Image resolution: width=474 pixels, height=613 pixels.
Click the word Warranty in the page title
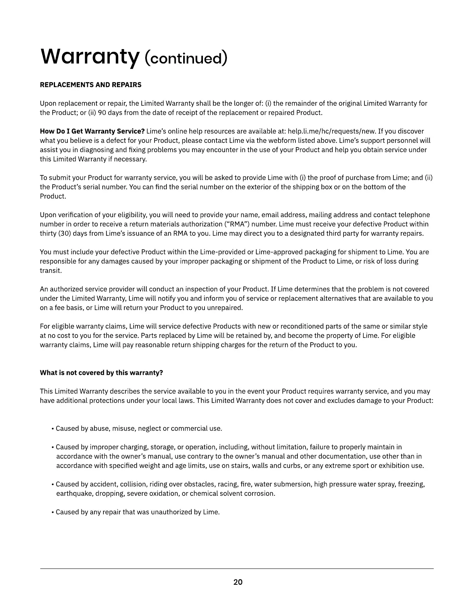click(x=89, y=57)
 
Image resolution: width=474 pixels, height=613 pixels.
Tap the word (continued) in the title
click(x=185, y=58)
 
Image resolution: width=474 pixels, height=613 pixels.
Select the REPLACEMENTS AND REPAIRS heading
click(x=91, y=85)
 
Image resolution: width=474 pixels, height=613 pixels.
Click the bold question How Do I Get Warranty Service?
click(x=92, y=131)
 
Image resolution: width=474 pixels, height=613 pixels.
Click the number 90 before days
click(x=102, y=113)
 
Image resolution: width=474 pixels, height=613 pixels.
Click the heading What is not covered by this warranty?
click(x=101, y=373)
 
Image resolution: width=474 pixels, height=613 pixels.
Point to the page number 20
click(x=238, y=582)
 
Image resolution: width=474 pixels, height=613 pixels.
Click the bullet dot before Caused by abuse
click(x=52, y=429)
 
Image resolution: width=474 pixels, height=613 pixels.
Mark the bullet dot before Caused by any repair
click(x=52, y=512)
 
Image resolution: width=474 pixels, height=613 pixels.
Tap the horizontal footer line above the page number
click(x=237, y=568)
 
